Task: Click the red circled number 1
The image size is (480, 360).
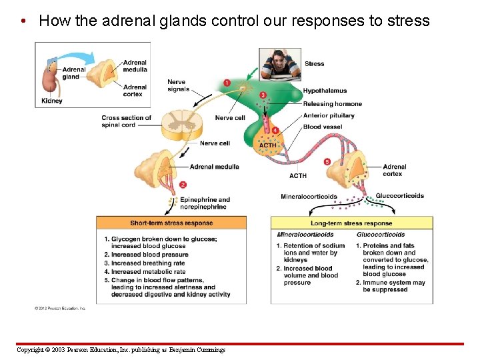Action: point(227,83)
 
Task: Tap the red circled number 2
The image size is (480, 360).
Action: point(183,185)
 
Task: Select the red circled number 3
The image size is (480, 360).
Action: point(263,95)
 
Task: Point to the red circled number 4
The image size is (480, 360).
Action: point(275,130)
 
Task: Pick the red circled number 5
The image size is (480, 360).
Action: point(327,161)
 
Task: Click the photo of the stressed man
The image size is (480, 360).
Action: point(280,65)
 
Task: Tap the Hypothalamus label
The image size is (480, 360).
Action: point(325,91)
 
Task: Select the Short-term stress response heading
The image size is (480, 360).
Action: point(171,223)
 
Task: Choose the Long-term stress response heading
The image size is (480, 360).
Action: point(351,223)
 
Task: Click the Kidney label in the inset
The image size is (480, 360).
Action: point(52,101)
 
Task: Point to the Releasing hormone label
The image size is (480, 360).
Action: point(332,104)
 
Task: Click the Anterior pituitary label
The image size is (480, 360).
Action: point(329,115)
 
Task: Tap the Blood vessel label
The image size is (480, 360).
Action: point(322,127)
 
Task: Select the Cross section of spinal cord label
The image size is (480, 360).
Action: point(126,121)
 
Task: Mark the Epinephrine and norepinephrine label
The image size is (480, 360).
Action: point(205,203)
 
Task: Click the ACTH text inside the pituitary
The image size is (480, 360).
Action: point(268,145)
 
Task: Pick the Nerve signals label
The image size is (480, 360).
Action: point(178,86)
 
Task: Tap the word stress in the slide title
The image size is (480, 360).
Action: point(409,21)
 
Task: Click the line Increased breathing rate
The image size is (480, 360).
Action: point(148,263)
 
